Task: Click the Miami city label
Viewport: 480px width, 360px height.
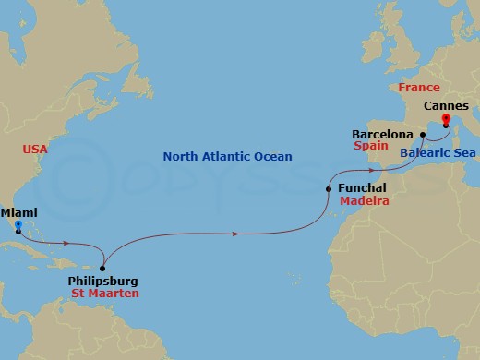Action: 19,211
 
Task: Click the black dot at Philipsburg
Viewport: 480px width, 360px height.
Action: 102,267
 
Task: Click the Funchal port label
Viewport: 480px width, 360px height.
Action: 362,187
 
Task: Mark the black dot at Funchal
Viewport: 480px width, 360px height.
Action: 329,188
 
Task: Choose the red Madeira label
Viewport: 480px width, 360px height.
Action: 365,200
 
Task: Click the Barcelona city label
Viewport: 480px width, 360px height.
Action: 382,134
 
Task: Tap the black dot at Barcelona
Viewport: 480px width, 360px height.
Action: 422,135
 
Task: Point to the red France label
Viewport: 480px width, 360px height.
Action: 420,87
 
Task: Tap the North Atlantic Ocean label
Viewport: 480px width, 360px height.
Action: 228,157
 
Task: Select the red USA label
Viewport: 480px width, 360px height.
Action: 37,148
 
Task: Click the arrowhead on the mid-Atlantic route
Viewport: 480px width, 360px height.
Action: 236,234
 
